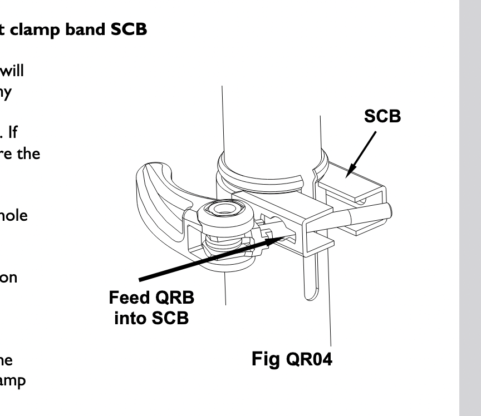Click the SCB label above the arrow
click(382, 117)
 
